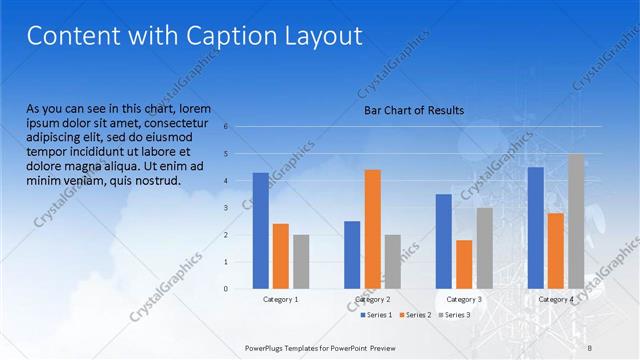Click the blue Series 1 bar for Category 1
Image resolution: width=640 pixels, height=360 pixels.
click(260, 230)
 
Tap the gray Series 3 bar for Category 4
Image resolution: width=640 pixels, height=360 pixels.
click(576, 221)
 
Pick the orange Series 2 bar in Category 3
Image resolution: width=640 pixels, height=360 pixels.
click(464, 264)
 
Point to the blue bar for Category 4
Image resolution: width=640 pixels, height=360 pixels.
click(536, 227)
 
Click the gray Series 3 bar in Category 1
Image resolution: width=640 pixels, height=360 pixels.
click(301, 261)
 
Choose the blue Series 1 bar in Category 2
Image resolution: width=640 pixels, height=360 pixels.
click(352, 254)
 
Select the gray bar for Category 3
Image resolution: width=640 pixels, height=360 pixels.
click(484, 248)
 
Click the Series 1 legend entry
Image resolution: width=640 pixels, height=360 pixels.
click(376, 315)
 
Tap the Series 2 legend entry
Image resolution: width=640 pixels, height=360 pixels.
click(416, 315)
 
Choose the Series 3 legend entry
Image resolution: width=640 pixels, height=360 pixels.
click(455, 315)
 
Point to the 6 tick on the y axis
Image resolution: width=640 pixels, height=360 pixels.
click(226, 127)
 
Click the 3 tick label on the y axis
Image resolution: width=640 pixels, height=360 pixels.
click(226, 208)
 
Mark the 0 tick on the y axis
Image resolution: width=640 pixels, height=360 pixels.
click(226, 289)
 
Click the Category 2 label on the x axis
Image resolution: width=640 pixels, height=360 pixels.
click(372, 299)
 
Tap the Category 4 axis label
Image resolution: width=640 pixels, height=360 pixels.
click(556, 299)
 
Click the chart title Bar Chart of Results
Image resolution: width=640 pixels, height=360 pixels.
click(413, 110)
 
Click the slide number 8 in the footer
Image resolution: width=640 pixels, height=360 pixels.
click(589, 346)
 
